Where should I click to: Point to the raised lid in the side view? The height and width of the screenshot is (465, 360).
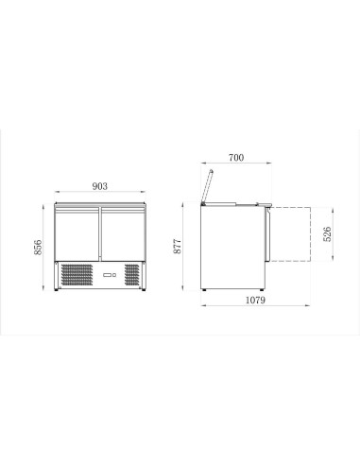(x=208, y=183)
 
